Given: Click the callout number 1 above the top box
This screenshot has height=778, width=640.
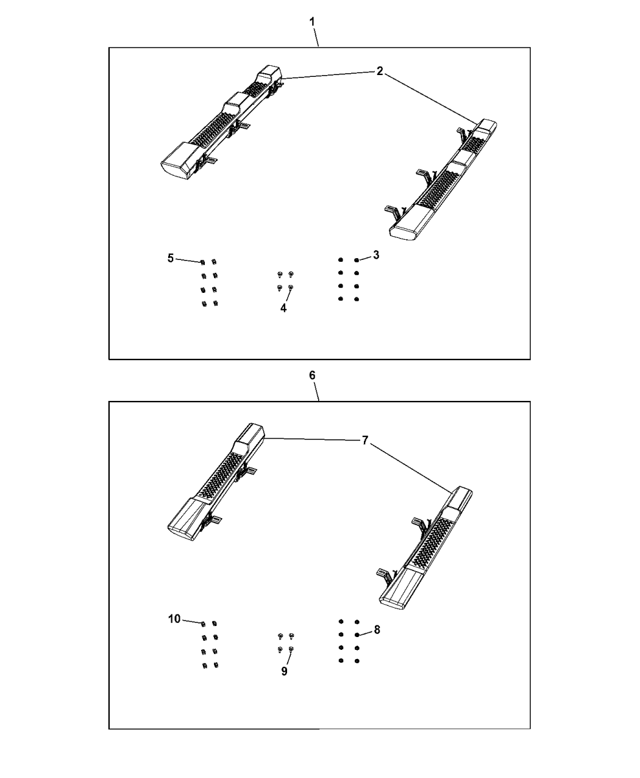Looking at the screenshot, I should click(312, 21).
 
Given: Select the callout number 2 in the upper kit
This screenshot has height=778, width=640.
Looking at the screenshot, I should click(379, 71).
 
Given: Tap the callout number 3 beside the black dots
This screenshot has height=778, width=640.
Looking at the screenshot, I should click(376, 255).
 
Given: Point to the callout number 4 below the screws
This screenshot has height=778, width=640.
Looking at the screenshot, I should click(283, 308).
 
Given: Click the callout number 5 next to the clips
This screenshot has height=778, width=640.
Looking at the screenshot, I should click(171, 258).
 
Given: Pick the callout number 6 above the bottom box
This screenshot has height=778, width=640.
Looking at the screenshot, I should click(312, 375).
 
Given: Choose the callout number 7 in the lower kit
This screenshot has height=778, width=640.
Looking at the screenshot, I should click(364, 440).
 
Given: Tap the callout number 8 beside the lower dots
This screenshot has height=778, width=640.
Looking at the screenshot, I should click(377, 630).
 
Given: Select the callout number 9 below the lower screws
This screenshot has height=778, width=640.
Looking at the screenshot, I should click(285, 671).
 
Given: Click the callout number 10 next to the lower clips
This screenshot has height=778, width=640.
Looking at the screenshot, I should click(174, 619).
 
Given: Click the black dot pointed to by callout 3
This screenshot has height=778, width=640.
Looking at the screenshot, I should click(357, 260).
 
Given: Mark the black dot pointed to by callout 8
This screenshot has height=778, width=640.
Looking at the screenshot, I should click(357, 635).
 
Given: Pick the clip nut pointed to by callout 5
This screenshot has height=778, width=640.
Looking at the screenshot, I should click(202, 262).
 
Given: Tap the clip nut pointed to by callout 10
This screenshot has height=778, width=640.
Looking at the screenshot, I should click(202, 623).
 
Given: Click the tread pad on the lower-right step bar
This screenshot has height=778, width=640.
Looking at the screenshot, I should click(433, 541).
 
